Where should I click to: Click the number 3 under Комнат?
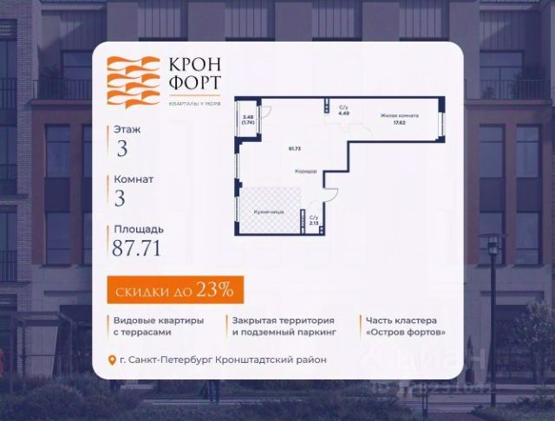pyautogui.click(x=120, y=198)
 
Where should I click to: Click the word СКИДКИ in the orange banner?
pyautogui.click(x=140, y=288)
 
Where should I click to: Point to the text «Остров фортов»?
pyautogui.click(x=406, y=332)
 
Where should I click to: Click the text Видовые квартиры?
pyautogui.click(x=158, y=320)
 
